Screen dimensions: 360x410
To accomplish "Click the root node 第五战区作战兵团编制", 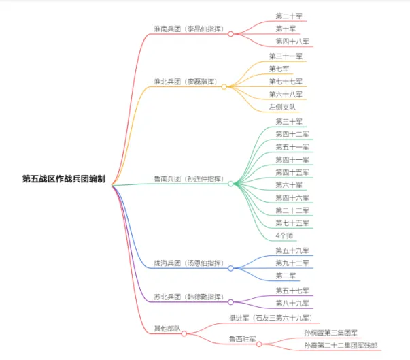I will click(x=65, y=178).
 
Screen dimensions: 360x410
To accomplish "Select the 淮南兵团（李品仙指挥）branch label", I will click(x=188, y=29).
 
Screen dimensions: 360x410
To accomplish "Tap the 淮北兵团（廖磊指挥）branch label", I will click(x=185, y=82).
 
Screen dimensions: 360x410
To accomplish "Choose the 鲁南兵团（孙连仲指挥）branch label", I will click(x=188, y=178).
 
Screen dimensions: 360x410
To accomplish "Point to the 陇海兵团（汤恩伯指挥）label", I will click(x=188, y=263).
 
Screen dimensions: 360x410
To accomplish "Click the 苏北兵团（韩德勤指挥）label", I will click(x=188, y=297).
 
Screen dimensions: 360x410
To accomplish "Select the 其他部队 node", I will click(x=167, y=329).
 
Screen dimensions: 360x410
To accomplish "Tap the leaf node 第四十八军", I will click(x=292, y=42).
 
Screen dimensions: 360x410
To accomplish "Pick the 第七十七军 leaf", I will click(x=286, y=82).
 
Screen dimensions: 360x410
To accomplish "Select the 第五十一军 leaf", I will click(x=292, y=146).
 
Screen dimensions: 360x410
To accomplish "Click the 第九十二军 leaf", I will click(x=292, y=263).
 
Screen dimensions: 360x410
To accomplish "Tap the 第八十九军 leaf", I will click(x=292, y=303).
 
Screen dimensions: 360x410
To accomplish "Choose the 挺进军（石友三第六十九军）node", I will click(x=270, y=318).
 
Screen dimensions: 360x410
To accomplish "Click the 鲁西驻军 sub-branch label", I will click(x=242, y=338).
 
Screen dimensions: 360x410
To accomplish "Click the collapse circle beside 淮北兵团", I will click(x=224, y=86).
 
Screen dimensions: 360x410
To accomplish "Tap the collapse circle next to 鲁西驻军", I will click(x=259, y=344).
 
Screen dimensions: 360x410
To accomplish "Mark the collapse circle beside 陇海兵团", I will click(x=230, y=268).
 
